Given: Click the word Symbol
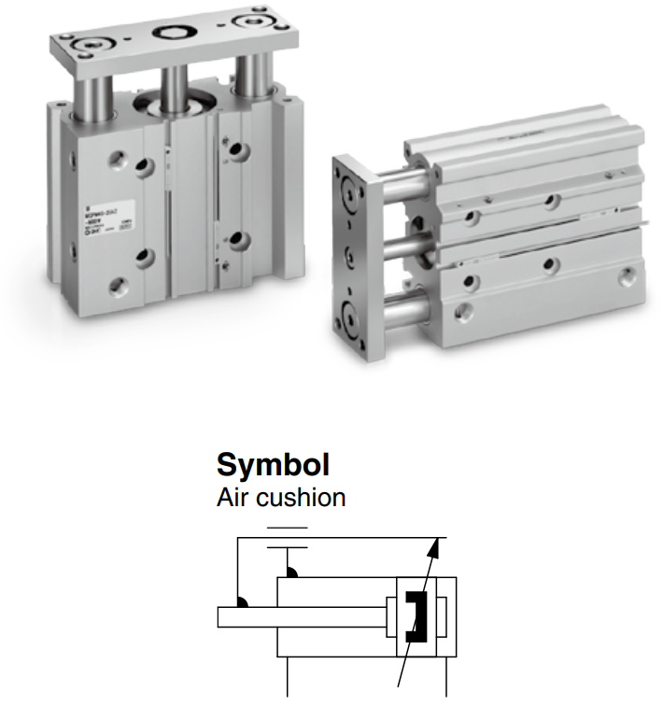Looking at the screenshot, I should [x=273, y=464].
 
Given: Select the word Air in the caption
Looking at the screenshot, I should [x=233, y=497].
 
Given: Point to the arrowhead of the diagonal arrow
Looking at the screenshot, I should [x=437, y=545].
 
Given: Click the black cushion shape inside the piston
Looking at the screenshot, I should [x=416, y=617].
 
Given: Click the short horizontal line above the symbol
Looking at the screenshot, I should [x=287, y=529].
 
